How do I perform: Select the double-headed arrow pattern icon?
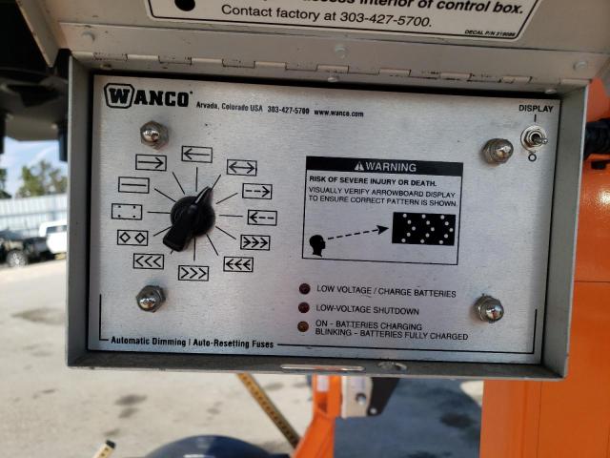241,168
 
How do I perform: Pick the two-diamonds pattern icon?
132,237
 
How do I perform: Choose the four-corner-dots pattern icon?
127,211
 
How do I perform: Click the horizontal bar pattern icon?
133,184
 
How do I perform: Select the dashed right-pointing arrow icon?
257,191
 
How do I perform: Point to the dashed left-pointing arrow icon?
261,218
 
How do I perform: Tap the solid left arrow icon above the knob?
196,154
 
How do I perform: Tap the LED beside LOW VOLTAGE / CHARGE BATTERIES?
304,289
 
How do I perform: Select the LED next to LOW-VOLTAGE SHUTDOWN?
304,308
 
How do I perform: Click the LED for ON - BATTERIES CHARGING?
303,326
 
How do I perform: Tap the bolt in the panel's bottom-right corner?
489,309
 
